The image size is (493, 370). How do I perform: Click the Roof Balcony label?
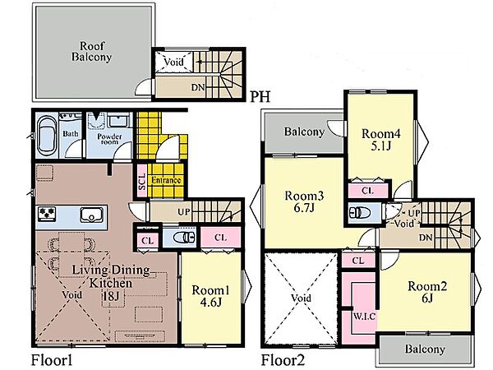click(91, 51)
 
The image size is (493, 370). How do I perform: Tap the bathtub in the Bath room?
click(48, 137)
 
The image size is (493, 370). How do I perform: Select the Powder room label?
click(109, 139)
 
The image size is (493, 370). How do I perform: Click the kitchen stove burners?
click(47, 214)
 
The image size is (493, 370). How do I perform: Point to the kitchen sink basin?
click(91, 215)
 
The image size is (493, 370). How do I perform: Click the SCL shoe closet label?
click(142, 182)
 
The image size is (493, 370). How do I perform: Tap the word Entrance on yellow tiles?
click(166, 180)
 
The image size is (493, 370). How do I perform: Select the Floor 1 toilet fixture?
click(185, 238)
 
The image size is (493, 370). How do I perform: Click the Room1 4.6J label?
click(210, 296)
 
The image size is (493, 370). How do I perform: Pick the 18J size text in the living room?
click(113, 295)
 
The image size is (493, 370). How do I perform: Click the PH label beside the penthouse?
click(260, 96)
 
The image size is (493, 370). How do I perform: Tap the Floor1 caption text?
click(52, 360)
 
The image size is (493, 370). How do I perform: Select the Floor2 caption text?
click(283, 360)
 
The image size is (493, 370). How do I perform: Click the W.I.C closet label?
click(364, 316)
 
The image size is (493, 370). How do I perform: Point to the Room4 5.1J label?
click(381, 140)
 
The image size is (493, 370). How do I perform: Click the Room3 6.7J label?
click(304, 201)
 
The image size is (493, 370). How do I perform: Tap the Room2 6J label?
click(427, 292)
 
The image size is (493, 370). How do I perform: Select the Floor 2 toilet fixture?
click(359, 212)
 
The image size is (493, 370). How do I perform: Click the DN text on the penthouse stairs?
click(198, 87)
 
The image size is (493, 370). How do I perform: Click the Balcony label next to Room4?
click(304, 132)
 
